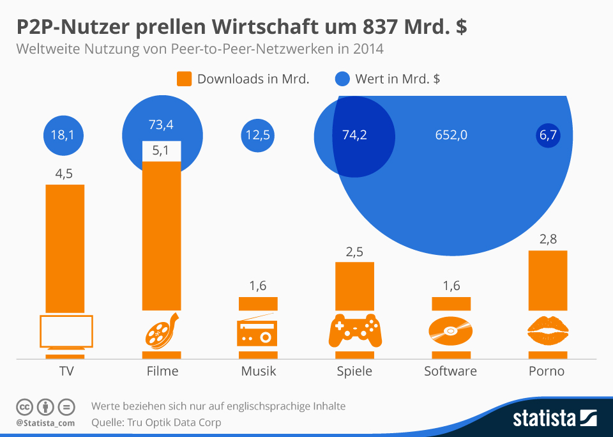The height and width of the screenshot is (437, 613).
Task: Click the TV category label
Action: [65, 371]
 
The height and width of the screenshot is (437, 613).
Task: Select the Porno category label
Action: [547, 371]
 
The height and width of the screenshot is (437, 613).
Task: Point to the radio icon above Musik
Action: [257, 331]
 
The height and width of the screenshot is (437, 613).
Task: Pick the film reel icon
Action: [161, 331]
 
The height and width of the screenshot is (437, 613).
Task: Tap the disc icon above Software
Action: [450, 331]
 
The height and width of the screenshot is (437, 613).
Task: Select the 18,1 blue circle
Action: [63, 135]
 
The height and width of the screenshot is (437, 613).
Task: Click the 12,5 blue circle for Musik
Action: [257, 135]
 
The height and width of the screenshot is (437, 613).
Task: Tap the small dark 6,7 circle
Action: [548, 135]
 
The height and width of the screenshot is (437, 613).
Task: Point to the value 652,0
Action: [451, 135]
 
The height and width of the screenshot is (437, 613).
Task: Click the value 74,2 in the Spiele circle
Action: [354, 135]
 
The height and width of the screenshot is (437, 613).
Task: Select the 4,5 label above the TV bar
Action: [64, 172]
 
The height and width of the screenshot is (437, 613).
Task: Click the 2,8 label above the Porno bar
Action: [548, 239]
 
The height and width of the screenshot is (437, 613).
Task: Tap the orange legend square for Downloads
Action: [184, 79]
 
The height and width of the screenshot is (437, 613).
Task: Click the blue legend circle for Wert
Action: [342, 79]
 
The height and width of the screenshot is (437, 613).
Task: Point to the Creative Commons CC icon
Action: [24, 407]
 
